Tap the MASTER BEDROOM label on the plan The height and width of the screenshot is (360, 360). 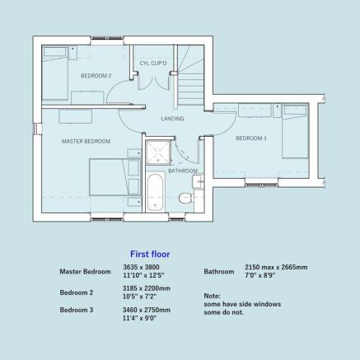86,142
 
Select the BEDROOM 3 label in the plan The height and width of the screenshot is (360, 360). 251,138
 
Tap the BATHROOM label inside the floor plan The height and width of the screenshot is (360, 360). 182,171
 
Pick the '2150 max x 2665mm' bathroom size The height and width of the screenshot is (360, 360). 276,267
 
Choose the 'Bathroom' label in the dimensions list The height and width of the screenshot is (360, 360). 219,271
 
